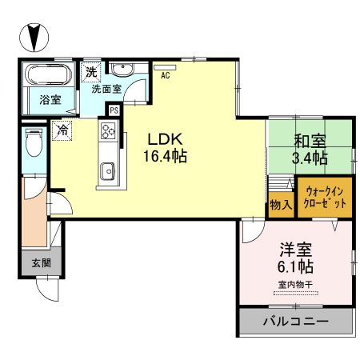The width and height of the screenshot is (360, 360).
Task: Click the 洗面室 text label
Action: (x=106, y=89)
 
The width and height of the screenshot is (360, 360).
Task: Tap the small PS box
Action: (x=114, y=110)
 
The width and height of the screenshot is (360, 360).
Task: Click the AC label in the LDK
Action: (x=166, y=77)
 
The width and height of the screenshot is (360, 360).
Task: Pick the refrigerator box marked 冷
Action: (x=62, y=126)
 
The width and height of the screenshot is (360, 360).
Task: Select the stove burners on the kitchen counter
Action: (x=106, y=131)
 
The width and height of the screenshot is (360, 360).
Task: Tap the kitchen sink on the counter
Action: (x=106, y=170)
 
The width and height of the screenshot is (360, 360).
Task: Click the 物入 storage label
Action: (x=280, y=204)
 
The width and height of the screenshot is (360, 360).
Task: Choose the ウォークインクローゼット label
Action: (x=326, y=198)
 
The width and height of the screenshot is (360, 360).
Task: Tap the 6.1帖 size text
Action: (x=295, y=266)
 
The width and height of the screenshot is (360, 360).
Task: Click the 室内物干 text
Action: (x=294, y=284)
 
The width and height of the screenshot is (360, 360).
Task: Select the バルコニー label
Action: (x=295, y=325)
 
